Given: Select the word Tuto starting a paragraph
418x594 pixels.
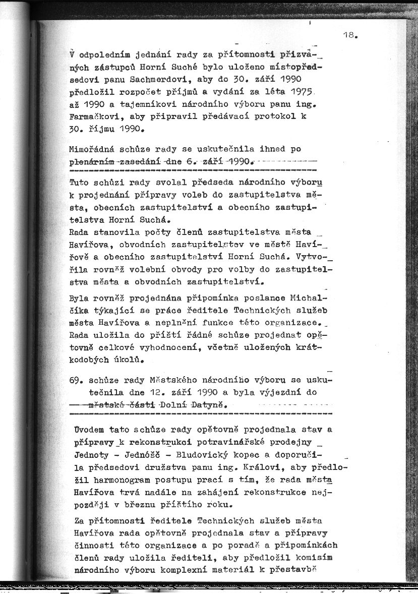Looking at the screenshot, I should [x=79, y=182].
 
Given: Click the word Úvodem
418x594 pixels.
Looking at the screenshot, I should [x=90, y=430].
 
